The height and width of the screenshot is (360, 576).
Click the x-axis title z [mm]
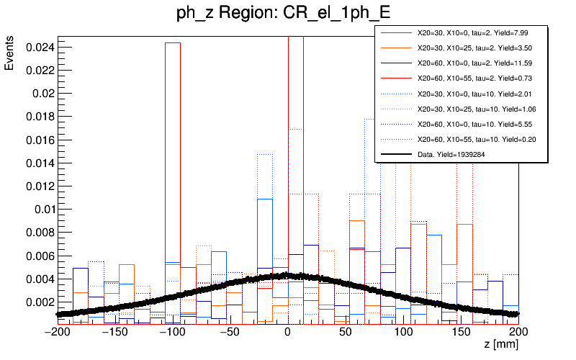[501, 346]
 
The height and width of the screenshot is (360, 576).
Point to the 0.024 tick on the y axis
[37, 47]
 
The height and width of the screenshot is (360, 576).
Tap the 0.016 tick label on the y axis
[37, 140]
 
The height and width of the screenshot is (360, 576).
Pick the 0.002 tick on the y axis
[37, 302]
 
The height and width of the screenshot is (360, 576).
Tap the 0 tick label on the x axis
[287, 332]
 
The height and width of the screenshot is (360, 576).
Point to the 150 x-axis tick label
[461, 332]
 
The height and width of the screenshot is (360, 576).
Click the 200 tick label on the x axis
[518, 332]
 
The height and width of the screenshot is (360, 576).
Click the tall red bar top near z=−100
[173, 42]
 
